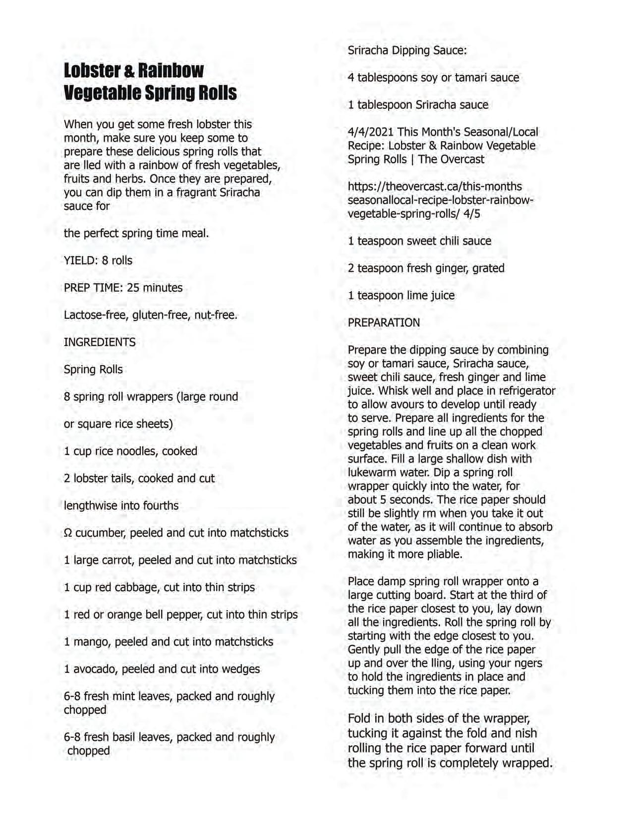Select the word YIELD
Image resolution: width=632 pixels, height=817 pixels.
point(80,260)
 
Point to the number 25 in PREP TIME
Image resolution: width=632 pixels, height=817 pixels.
point(133,288)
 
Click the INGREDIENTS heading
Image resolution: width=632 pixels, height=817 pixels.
point(100,342)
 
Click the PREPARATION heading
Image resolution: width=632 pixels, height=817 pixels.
point(384,323)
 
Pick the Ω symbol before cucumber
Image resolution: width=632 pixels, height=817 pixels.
point(68,533)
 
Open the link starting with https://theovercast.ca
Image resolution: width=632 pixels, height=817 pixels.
point(435,187)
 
